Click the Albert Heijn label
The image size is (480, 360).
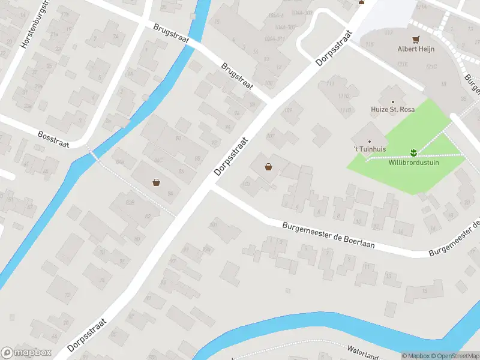[416, 49]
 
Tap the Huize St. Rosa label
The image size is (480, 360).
[394, 110]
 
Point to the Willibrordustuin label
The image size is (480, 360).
[413, 162]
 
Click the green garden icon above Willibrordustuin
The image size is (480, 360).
[413, 152]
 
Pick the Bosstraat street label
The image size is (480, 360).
[53, 139]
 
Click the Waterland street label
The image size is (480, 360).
[364, 352]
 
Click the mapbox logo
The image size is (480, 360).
[26, 352]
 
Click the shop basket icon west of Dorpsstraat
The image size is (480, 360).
[157, 182]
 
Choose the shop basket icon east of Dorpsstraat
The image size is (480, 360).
[268, 167]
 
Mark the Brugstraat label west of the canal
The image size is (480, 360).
[170, 34]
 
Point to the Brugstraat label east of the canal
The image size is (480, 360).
[238, 75]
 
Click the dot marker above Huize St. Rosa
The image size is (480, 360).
[394, 102]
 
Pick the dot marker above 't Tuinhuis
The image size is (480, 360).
[370, 142]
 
